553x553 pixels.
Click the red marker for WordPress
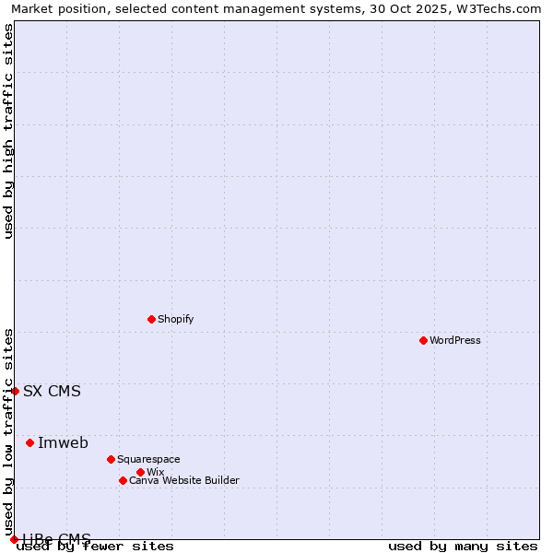423,340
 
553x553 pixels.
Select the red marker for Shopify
151,319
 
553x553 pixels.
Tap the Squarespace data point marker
111,459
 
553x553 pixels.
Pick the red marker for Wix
140,472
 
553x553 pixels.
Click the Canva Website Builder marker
123,480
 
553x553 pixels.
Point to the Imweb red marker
29,442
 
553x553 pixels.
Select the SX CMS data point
15,391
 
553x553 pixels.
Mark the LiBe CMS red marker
14,539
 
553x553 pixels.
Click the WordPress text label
455,340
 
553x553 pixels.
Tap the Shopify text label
176,319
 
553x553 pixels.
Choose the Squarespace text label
148,459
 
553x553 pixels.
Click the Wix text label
155,472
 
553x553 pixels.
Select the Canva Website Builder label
184,480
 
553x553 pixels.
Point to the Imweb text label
63,442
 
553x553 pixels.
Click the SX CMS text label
52,391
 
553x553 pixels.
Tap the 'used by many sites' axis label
463,546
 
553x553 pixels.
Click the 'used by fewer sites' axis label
95,546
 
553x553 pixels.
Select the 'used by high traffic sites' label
8,131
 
